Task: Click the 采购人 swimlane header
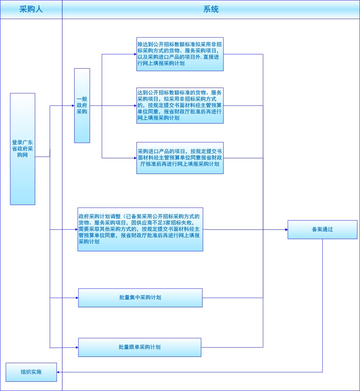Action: [x=31, y=9]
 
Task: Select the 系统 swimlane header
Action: [x=211, y=9]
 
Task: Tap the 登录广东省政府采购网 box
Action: [x=22, y=149]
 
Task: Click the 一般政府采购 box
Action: [x=82, y=105]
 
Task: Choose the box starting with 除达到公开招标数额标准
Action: [x=180, y=54]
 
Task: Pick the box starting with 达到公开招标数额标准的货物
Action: [x=180, y=105]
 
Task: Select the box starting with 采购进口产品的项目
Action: [x=180, y=158]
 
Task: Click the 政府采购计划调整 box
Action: [x=140, y=229]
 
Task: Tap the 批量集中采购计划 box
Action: [x=140, y=298]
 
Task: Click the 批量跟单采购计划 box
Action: [x=139, y=347]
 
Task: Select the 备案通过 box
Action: [x=322, y=229]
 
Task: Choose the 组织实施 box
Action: [x=31, y=372]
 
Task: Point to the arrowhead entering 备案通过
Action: [x=286, y=229]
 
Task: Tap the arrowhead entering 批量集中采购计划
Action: [x=77, y=298]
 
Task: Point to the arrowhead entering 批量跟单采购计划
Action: [x=77, y=347]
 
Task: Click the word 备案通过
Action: [x=322, y=229]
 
